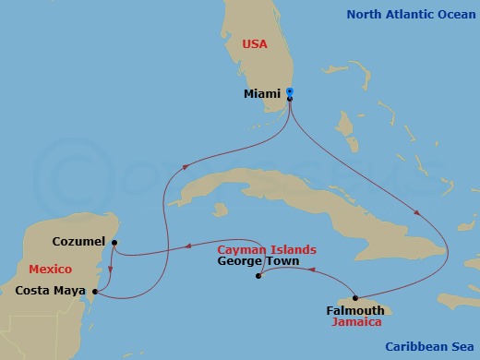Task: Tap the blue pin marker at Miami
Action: (289, 91)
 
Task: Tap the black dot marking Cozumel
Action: (114, 244)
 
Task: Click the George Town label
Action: (254, 261)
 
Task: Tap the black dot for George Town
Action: (258, 276)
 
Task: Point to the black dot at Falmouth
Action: (355, 297)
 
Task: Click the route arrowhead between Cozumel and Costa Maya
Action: (111, 270)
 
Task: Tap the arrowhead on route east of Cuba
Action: (420, 212)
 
